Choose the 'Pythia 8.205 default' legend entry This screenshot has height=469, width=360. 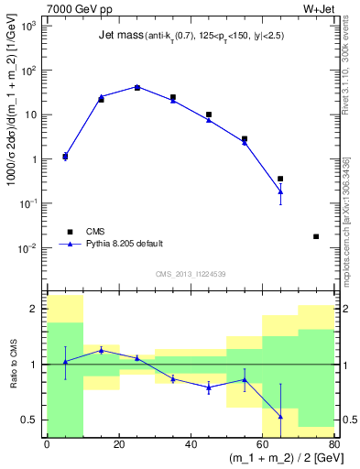click(x=124, y=244)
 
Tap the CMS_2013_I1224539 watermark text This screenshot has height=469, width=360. click(x=191, y=274)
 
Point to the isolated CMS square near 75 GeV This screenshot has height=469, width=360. click(x=316, y=236)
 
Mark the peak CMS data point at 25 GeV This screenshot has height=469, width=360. click(x=136, y=87)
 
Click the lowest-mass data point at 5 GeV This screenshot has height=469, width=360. click(x=65, y=157)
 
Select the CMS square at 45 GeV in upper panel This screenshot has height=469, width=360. click(x=209, y=115)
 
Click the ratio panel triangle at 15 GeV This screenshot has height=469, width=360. click(x=101, y=350)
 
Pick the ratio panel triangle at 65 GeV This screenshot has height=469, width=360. click(x=280, y=417)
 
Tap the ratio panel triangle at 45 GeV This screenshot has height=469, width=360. click(x=209, y=387)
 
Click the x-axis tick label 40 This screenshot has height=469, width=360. click(x=191, y=444)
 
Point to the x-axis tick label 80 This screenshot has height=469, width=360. click(x=333, y=444)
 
